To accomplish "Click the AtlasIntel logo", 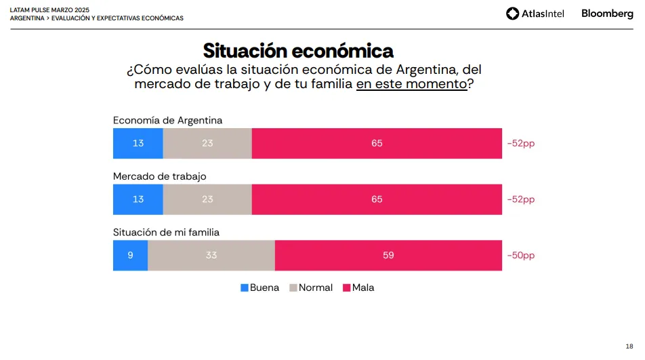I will [535, 14].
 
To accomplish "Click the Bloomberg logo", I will [607, 14].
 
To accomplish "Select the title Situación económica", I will [298, 51].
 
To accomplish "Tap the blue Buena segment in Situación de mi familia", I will [130, 256].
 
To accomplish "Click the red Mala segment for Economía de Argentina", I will [377, 143].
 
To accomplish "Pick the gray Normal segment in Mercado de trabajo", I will [207, 199].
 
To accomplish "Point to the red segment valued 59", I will [388, 256].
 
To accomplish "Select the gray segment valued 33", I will [211, 256].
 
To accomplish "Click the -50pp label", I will [520, 256].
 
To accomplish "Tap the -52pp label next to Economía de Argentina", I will [520, 143].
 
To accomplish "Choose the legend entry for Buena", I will [259, 287].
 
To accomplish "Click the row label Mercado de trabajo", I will [159, 176].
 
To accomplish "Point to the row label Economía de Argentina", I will [167, 120].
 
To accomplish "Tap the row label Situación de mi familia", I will [166, 232].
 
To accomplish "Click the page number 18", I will [629, 345].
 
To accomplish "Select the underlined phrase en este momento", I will [411, 84].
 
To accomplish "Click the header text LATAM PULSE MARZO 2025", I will [49, 10].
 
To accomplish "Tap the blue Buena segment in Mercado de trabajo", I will [138, 199].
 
